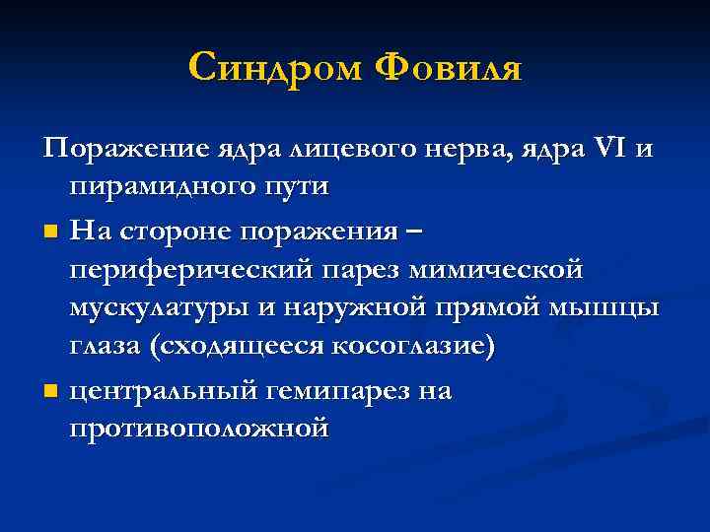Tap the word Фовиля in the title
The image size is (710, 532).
pos(450,68)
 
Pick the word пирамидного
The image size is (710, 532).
pos(168,187)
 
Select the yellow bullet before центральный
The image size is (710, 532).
pos(50,393)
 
